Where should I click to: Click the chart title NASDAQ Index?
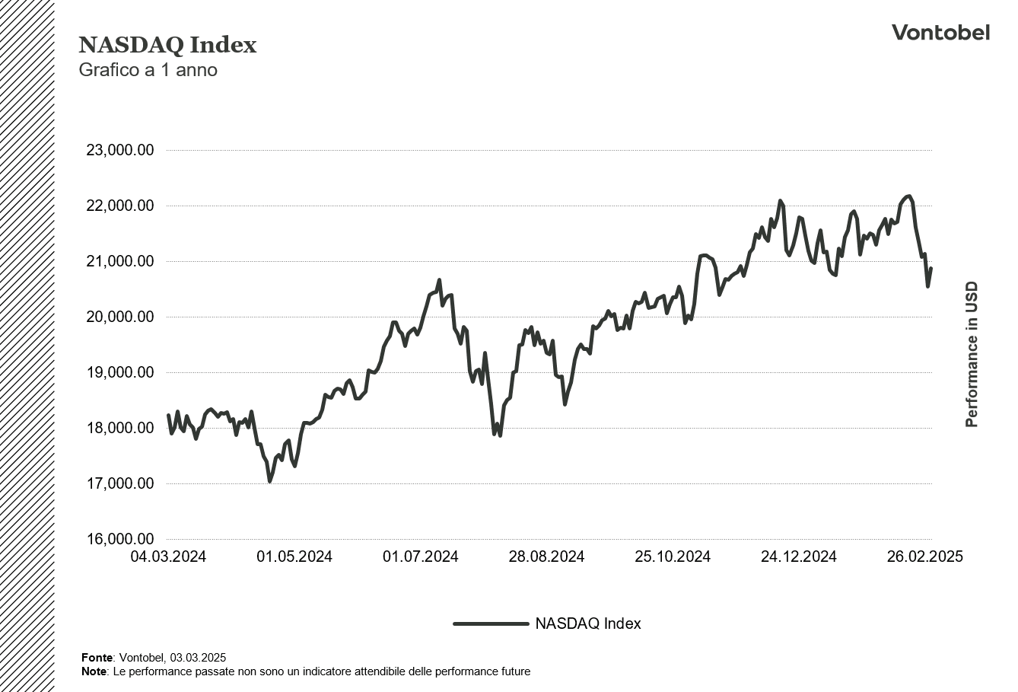(x=167, y=45)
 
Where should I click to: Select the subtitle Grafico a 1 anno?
(x=148, y=70)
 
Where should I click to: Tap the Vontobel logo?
(x=940, y=32)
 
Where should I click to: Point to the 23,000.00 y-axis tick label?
(x=120, y=151)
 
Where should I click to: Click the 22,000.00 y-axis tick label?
(x=120, y=206)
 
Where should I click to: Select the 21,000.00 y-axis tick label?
(x=120, y=262)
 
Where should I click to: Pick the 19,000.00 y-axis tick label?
(x=120, y=373)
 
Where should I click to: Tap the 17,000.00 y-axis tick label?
(x=120, y=484)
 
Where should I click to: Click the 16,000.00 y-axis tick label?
(x=120, y=540)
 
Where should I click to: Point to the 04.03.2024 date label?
(x=168, y=557)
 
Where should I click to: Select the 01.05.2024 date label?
(x=294, y=557)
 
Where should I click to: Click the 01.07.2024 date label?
(x=421, y=557)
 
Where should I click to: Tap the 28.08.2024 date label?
(x=546, y=557)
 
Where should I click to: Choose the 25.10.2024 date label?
(x=673, y=557)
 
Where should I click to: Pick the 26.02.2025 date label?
(x=925, y=557)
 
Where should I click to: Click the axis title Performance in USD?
(x=972, y=355)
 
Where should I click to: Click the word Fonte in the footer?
(x=97, y=658)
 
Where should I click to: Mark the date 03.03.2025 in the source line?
(x=198, y=658)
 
